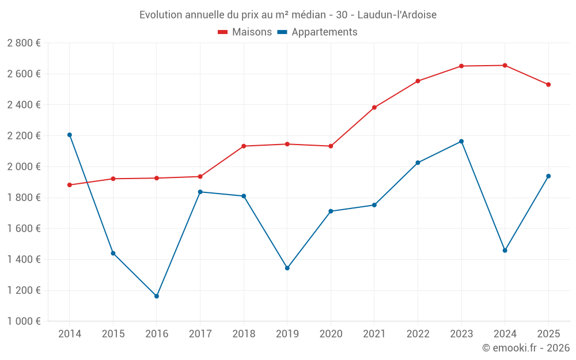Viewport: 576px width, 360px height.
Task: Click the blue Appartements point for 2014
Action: click(70, 135)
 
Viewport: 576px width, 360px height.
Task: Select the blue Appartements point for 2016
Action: click(157, 296)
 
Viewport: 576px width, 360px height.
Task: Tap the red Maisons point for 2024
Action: click(505, 66)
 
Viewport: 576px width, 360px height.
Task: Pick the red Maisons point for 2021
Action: click(374, 108)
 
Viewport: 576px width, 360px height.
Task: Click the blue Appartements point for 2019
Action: click(287, 268)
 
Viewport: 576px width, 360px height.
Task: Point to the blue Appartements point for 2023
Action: click(461, 141)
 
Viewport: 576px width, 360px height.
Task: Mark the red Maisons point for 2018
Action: click(244, 146)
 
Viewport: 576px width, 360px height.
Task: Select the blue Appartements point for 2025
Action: click(548, 176)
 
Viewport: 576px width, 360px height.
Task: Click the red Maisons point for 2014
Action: click(70, 185)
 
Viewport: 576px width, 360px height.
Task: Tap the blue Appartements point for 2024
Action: click(505, 251)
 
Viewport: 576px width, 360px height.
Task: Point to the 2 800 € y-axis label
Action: click(24, 43)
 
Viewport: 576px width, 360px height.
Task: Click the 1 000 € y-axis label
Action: click(24, 321)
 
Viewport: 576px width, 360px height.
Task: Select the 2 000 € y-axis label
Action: click(24, 167)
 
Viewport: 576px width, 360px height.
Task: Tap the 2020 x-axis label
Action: click(331, 334)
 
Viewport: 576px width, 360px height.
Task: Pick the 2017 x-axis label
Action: click(200, 334)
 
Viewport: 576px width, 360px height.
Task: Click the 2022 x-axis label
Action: click(418, 334)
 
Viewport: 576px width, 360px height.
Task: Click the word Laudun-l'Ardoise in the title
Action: click(398, 14)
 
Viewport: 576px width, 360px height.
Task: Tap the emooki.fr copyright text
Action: click(526, 348)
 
